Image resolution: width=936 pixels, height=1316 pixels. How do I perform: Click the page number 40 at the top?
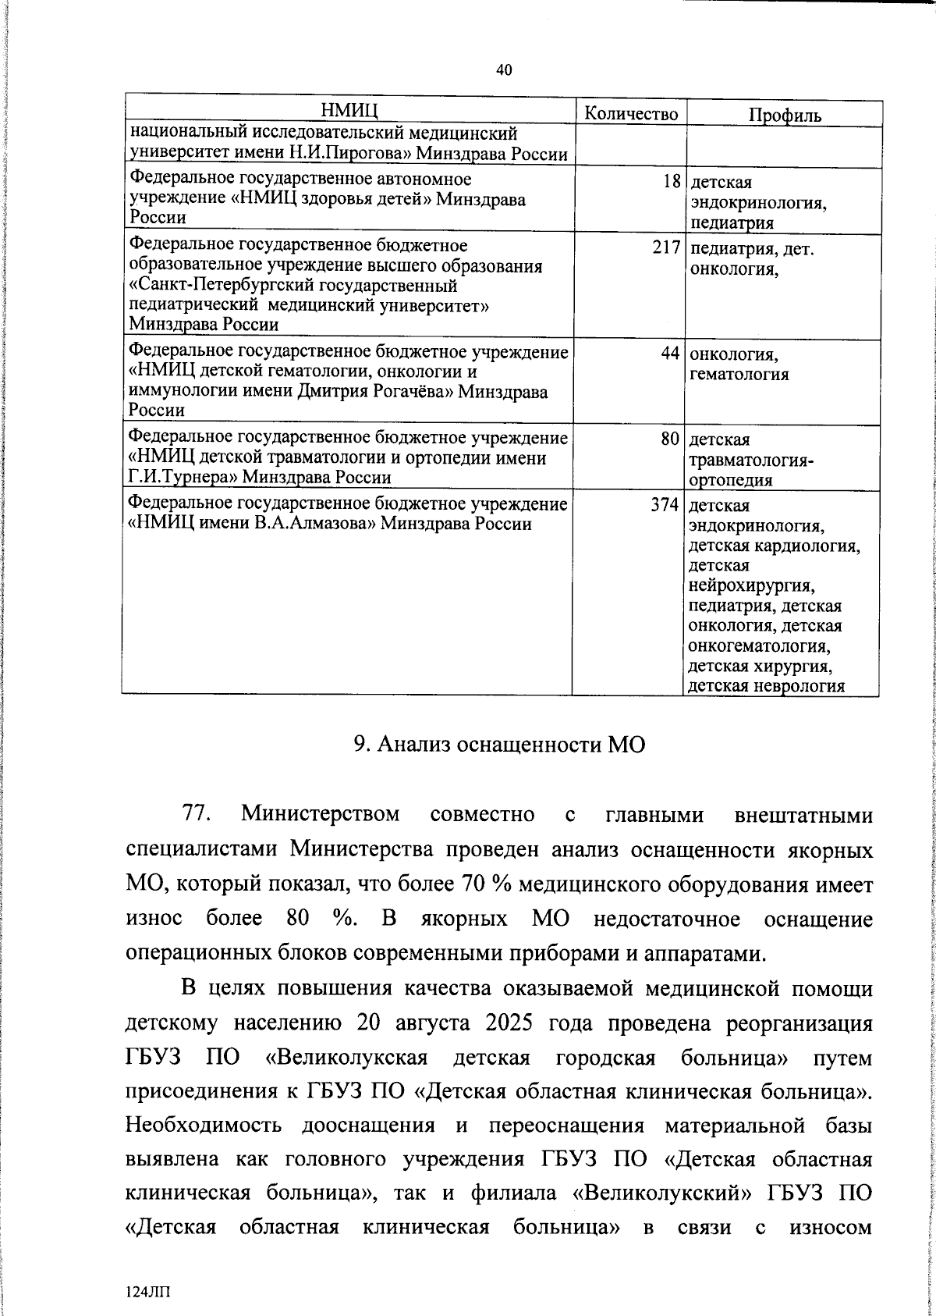pyautogui.click(x=504, y=70)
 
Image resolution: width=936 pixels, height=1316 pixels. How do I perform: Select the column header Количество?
pyautogui.click(x=631, y=113)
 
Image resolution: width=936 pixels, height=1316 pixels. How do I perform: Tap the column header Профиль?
pyautogui.click(x=785, y=115)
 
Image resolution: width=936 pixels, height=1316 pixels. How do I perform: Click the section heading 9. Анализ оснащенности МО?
pyautogui.click(x=500, y=744)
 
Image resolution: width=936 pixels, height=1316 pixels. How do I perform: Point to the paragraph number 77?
pyautogui.click(x=197, y=814)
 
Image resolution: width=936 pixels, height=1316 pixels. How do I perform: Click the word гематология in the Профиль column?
pyautogui.click(x=739, y=374)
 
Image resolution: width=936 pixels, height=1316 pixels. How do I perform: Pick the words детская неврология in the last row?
pyautogui.click(x=767, y=686)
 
